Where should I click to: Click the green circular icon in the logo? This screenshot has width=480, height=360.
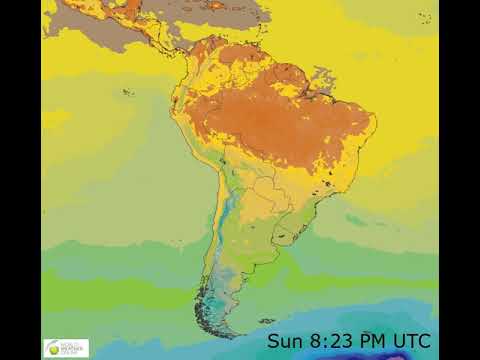tap(52, 348)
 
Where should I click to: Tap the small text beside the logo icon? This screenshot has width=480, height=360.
tap(73, 348)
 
